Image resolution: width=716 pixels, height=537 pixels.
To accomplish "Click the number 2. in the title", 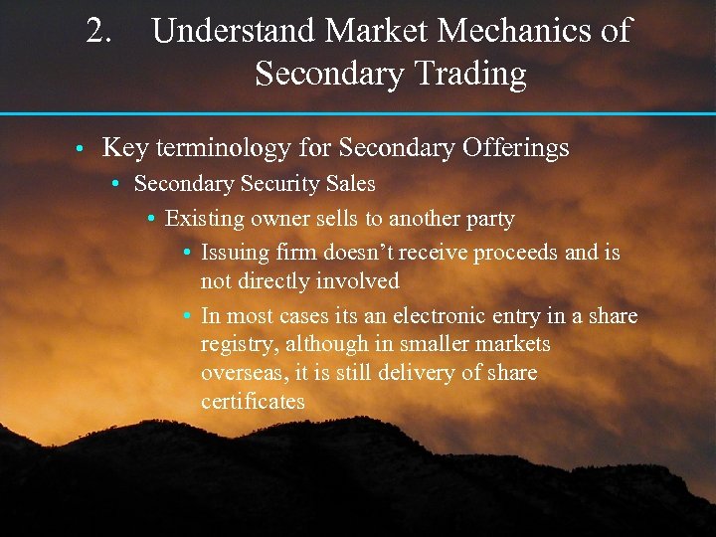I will click(99, 31).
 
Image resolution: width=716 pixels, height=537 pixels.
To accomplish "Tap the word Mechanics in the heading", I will click(515, 31).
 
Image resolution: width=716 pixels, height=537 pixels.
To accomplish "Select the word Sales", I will click(349, 184).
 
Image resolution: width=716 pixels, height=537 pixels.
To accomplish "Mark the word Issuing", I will click(234, 253).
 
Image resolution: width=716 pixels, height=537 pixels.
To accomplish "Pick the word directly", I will click(273, 281).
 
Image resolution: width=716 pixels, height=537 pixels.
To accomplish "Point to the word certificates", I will click(253, 402).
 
